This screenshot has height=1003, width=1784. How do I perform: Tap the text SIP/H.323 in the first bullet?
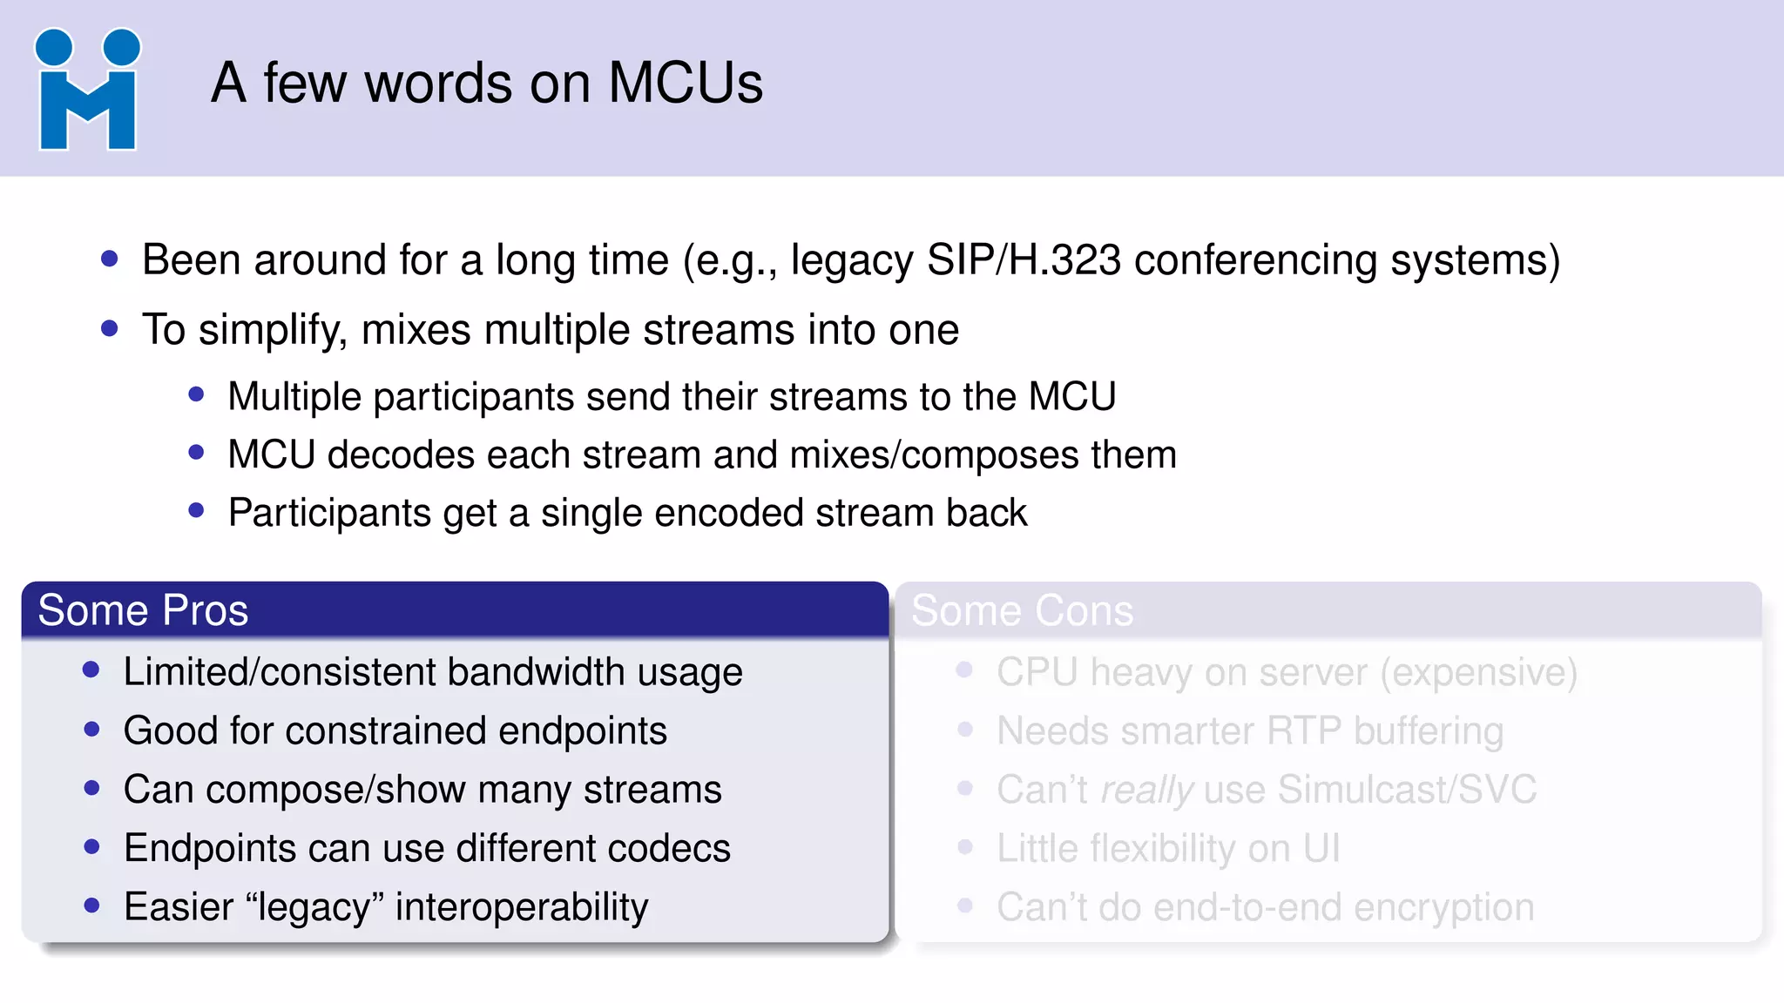[x=1024, y=260]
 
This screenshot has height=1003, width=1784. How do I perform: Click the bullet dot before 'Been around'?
[x=109, y=259]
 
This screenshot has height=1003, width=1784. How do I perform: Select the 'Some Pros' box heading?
[x=143, y=610]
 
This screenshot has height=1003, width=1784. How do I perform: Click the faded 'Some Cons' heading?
[x=1022, y=610]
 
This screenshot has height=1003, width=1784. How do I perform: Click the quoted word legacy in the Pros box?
[x=315, y=907]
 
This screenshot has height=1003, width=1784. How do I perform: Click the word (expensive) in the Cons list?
[x=1479, y=672]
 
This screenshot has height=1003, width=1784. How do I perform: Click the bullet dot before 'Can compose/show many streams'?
[x=92, y=789]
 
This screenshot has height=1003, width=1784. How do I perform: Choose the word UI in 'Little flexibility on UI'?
[x=1321, y=848]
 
